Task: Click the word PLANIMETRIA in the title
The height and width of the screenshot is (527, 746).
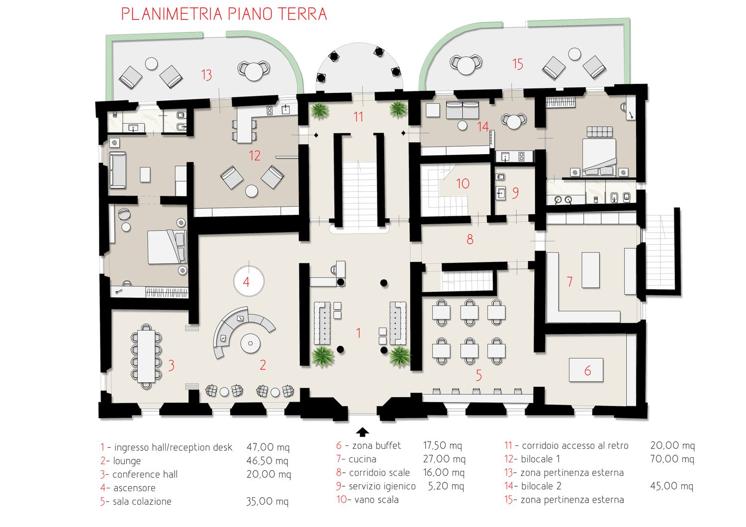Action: [172, 14]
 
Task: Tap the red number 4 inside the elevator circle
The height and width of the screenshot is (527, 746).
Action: [246, 282]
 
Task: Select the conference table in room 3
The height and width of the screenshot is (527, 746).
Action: [146, 356]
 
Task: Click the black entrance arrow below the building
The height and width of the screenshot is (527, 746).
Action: [363, 432]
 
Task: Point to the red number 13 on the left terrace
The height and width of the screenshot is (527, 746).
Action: [206, 75]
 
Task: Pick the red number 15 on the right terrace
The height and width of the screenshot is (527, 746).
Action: [518, 64]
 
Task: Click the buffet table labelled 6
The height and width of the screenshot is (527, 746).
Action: [586, 370]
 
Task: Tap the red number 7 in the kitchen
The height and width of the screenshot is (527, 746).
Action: [570, 281]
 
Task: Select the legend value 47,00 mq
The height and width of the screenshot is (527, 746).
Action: [268, 447]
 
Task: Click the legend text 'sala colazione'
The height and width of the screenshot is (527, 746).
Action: [142, 501]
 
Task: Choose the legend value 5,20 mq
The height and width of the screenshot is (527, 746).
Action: [446, 486]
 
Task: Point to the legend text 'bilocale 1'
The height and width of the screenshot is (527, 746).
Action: [540, 459]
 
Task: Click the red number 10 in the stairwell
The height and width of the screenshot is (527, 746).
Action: [463, 183]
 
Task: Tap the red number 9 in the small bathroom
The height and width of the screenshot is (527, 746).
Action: [515, 193]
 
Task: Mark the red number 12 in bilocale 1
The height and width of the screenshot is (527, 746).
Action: [255, 156]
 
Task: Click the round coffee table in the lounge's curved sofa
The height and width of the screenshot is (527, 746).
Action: [250, 343]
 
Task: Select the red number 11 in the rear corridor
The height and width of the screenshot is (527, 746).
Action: [358, 116]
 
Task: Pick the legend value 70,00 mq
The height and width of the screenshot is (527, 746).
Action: [672, 459]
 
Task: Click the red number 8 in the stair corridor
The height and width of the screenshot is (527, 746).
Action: [470, 239]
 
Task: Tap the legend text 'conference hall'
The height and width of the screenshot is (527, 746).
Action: [145, 474]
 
